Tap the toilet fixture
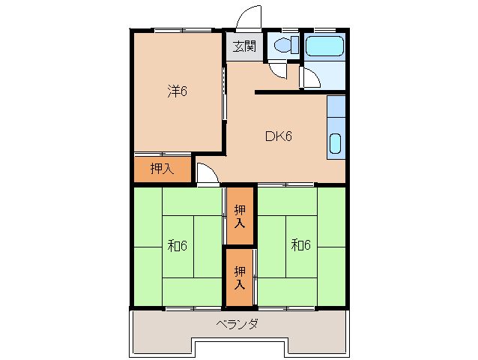coord(283,45)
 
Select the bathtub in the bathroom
coord(325,46)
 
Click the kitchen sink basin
coord(336,142)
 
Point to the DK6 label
coord(277,136)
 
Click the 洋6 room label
coord(176,91)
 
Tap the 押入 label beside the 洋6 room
coord(161,169)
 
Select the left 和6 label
coord(177,245)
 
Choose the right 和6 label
coord(300,245)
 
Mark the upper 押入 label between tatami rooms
coord(240,216)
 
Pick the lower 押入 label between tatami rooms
coord(240,277)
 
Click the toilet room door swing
coord(277,70)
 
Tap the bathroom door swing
coord(308,78)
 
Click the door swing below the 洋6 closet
coord(207,175)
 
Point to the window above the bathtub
coord(324,29)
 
